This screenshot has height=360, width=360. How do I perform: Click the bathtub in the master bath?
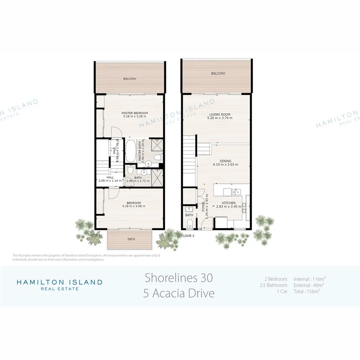131,150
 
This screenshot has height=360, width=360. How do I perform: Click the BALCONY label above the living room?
218,74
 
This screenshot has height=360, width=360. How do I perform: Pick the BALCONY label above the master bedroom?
129,79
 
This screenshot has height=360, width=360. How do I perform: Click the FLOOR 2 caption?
188,236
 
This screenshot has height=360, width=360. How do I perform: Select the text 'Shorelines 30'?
179,277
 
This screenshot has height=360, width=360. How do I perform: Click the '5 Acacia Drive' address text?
179,293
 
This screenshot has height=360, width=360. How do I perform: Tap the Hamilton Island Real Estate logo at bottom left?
59,284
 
